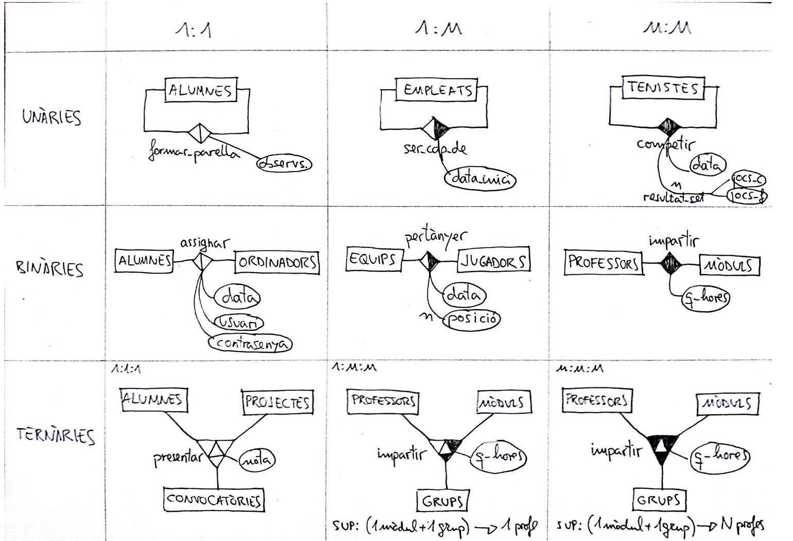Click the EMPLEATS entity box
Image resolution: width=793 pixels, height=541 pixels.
(437, 90)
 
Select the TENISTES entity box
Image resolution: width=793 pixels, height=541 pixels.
(663, 88)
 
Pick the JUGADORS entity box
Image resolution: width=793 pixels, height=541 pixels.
(493, 261)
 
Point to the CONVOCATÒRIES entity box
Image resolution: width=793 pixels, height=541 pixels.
(214, 500)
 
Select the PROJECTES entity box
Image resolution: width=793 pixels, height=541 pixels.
(277, 402)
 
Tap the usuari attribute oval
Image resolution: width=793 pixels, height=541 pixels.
(238, 323)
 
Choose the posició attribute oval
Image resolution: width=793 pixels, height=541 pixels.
(473, 318)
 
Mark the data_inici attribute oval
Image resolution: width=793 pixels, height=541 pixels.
(480, 179)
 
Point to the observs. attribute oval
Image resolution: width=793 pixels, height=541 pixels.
(284, 164)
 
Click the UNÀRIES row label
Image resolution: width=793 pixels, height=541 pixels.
(51, 117)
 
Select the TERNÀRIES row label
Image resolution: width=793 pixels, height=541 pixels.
(55, 435)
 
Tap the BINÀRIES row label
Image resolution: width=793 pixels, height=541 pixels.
(50, 268)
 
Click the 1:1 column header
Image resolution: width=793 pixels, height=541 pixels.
(193, 31)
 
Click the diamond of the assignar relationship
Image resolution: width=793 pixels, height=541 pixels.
(202, 262)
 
